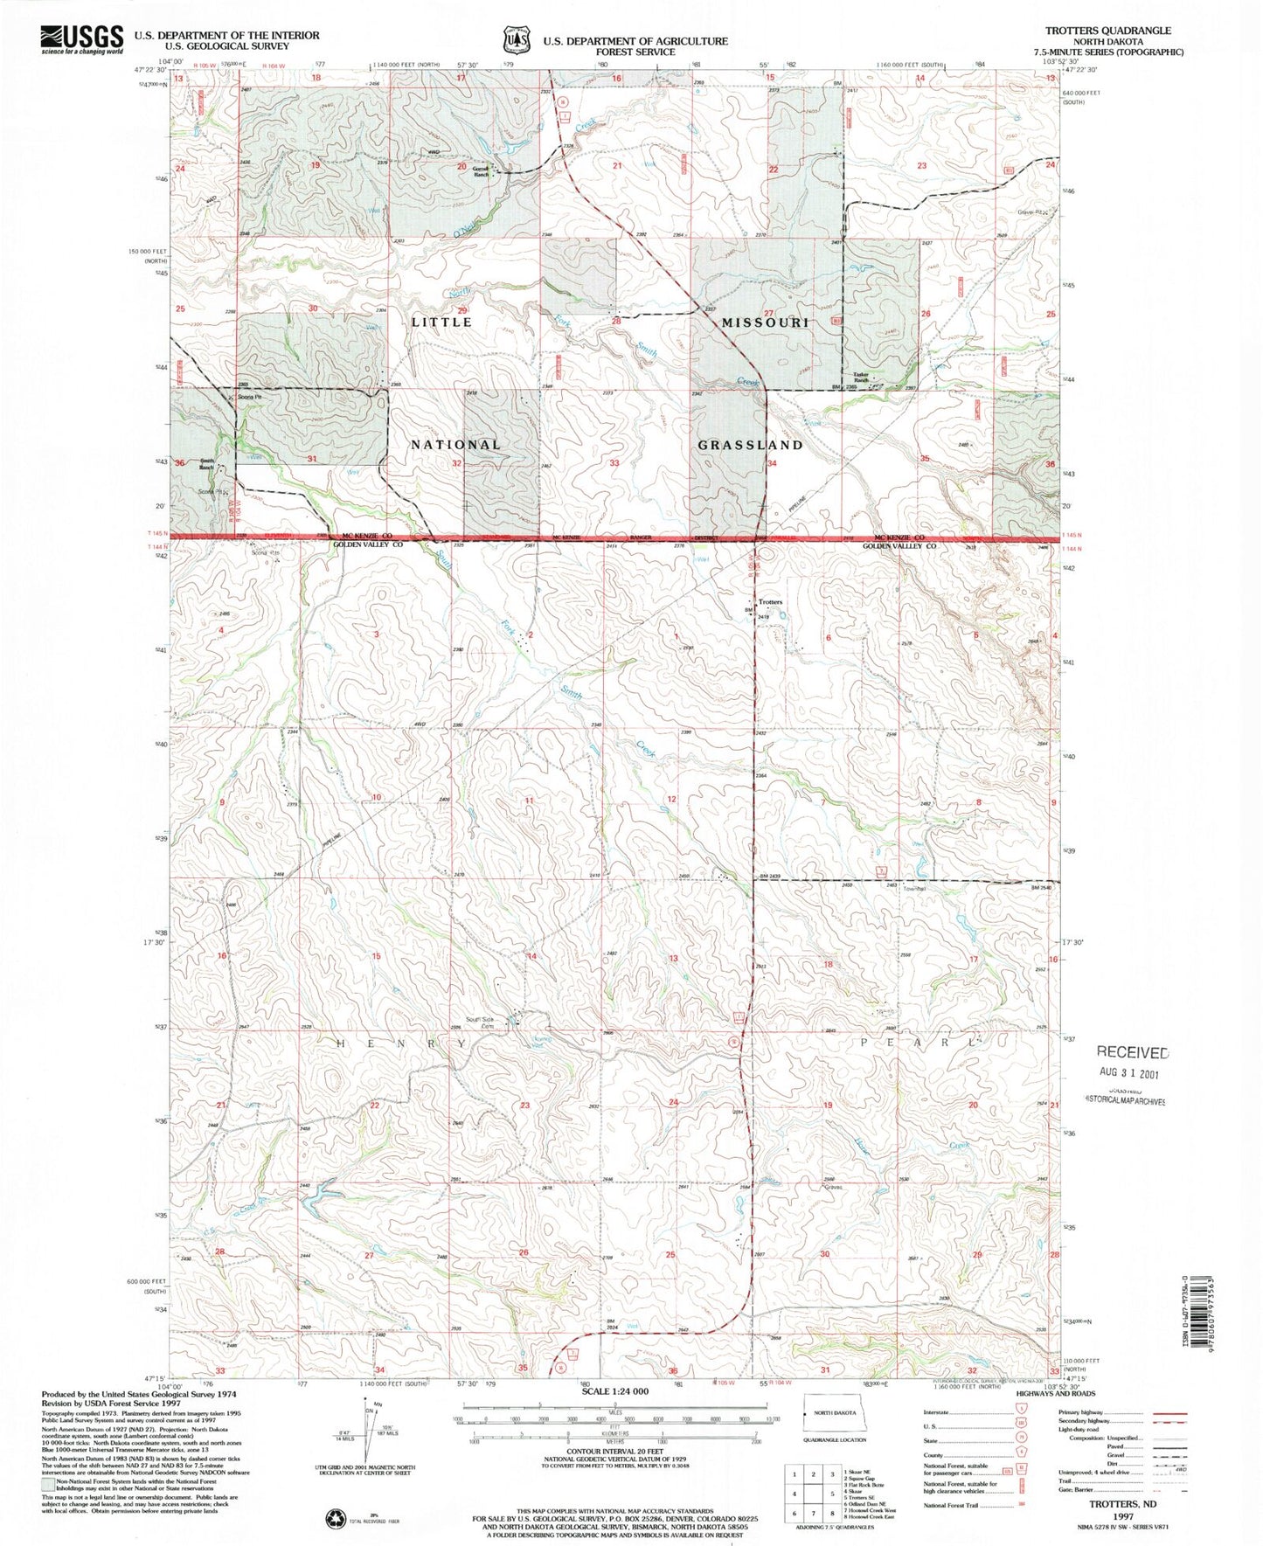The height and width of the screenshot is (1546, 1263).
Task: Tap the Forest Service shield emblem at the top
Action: [515, 39]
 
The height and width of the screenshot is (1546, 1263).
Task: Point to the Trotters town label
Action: [770, 602]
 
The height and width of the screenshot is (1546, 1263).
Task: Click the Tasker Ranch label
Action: [861, 378]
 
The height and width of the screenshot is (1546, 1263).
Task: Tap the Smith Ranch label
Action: [206, 464]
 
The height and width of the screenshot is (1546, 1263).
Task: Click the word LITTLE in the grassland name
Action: [441, 322]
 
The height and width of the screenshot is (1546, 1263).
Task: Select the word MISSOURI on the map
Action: [765, 322]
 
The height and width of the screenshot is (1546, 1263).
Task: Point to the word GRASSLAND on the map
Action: [750, 445]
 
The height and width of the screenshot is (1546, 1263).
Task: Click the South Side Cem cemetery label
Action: [481, 1022]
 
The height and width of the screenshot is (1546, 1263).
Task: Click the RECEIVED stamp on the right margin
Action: [1132, 1052]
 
